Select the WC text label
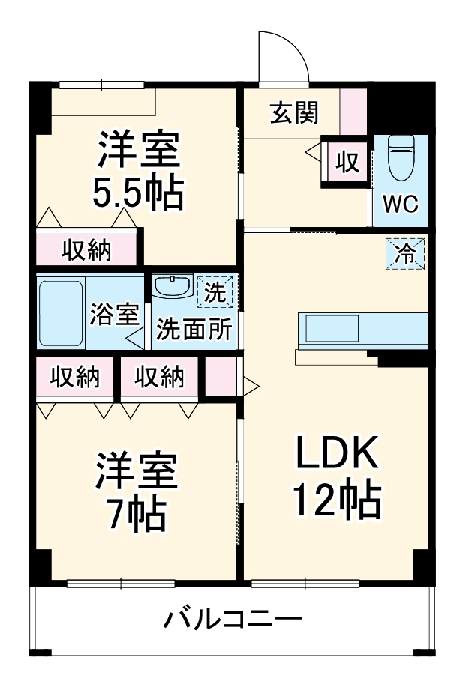click(x=401, y=205)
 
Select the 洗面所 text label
click(x=194, y=330)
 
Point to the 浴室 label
click(x=114, y=315)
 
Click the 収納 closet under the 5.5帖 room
click(x=86, y=250)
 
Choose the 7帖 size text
click(x=137, y=512)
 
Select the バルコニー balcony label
click(x=233, y=620)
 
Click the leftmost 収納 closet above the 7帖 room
click(x=74, y=378)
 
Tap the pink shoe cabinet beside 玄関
click(x=353, y=112)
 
